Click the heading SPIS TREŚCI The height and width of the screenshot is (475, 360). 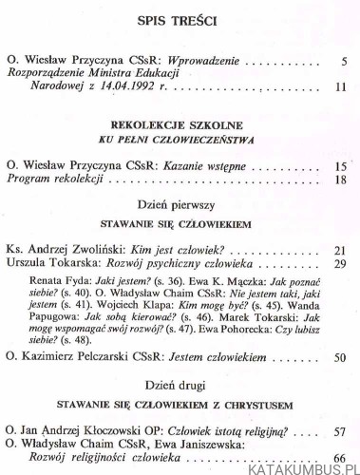tap(180, 20)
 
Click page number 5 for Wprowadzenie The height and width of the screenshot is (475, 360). tap(341, 66)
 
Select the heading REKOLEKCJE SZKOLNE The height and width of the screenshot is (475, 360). tap(180, 125)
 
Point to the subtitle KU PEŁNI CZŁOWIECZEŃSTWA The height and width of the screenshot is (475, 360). tap(180, 140)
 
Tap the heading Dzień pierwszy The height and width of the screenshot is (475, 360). tap(180, 207)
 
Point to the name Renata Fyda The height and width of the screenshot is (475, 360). tap(65, 282)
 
